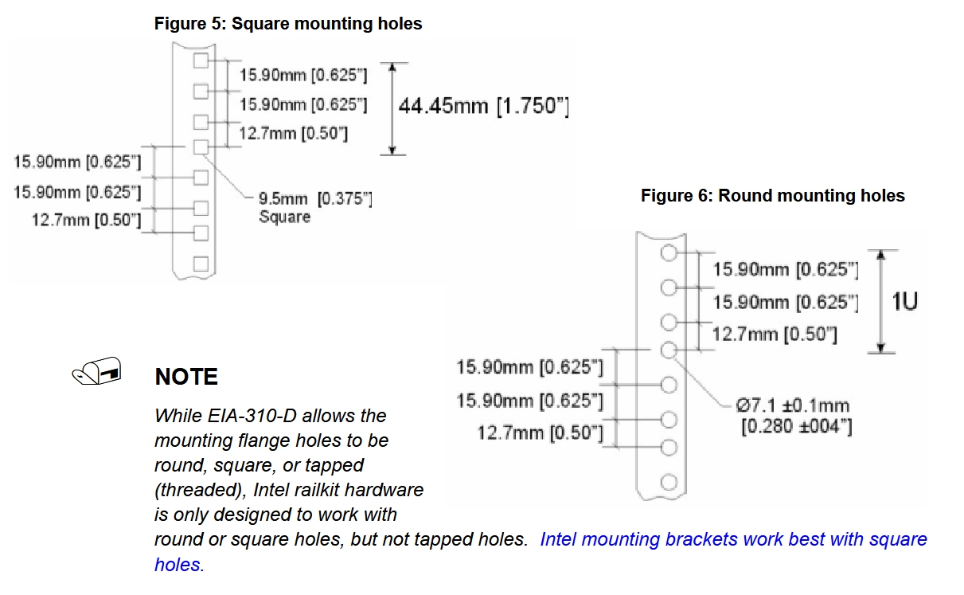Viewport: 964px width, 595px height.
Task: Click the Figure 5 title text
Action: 288,24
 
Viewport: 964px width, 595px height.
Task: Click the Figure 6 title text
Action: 772,195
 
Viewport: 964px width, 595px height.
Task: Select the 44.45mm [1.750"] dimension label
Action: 483,106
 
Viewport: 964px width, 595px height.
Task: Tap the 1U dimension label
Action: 904,301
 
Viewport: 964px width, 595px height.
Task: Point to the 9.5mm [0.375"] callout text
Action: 315,199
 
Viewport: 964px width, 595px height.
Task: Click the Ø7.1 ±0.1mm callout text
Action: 793,405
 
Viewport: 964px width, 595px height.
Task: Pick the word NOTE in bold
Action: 186,377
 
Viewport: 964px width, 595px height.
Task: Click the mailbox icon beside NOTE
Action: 97,370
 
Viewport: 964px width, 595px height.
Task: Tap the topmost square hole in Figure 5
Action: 201,61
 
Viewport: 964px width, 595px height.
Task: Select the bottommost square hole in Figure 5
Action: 201,264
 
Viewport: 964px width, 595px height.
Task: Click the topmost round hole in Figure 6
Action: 669,252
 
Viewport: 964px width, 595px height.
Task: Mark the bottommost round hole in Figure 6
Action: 669,482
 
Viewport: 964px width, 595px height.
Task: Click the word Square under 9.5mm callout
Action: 284,217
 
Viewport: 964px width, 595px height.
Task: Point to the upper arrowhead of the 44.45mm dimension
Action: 392,67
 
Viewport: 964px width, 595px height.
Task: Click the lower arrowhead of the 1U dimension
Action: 881,348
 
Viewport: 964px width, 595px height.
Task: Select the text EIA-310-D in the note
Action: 252,416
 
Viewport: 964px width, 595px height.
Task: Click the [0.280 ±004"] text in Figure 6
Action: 796,427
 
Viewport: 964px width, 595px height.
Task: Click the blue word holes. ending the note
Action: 179,565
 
